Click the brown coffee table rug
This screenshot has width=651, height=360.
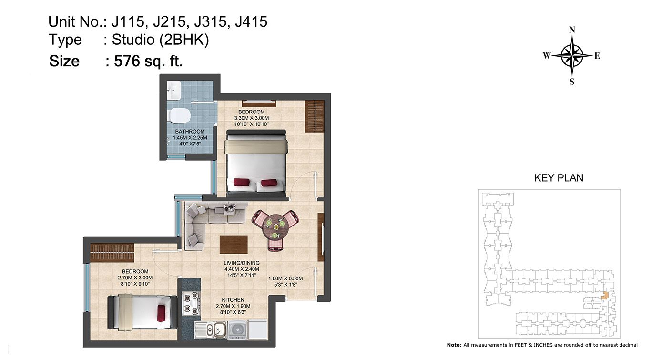coord(234,245)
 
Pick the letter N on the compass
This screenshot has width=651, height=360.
coord(572,30)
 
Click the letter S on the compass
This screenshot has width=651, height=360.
coord(572,82)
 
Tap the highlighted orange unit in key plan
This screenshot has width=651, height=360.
coord(605,296)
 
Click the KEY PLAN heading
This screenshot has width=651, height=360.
coord(559,178)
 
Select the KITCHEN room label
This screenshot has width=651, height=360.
coord(233,300)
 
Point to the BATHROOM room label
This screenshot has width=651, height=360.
coord(190,132)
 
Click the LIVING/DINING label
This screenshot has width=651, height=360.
coord(242,263)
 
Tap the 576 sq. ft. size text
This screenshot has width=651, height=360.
coord(148,61)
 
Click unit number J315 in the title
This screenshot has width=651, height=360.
coord(210,22)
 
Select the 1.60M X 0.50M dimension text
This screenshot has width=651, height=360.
coord(285,278)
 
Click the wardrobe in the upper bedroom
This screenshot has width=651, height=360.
coord(315,116)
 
